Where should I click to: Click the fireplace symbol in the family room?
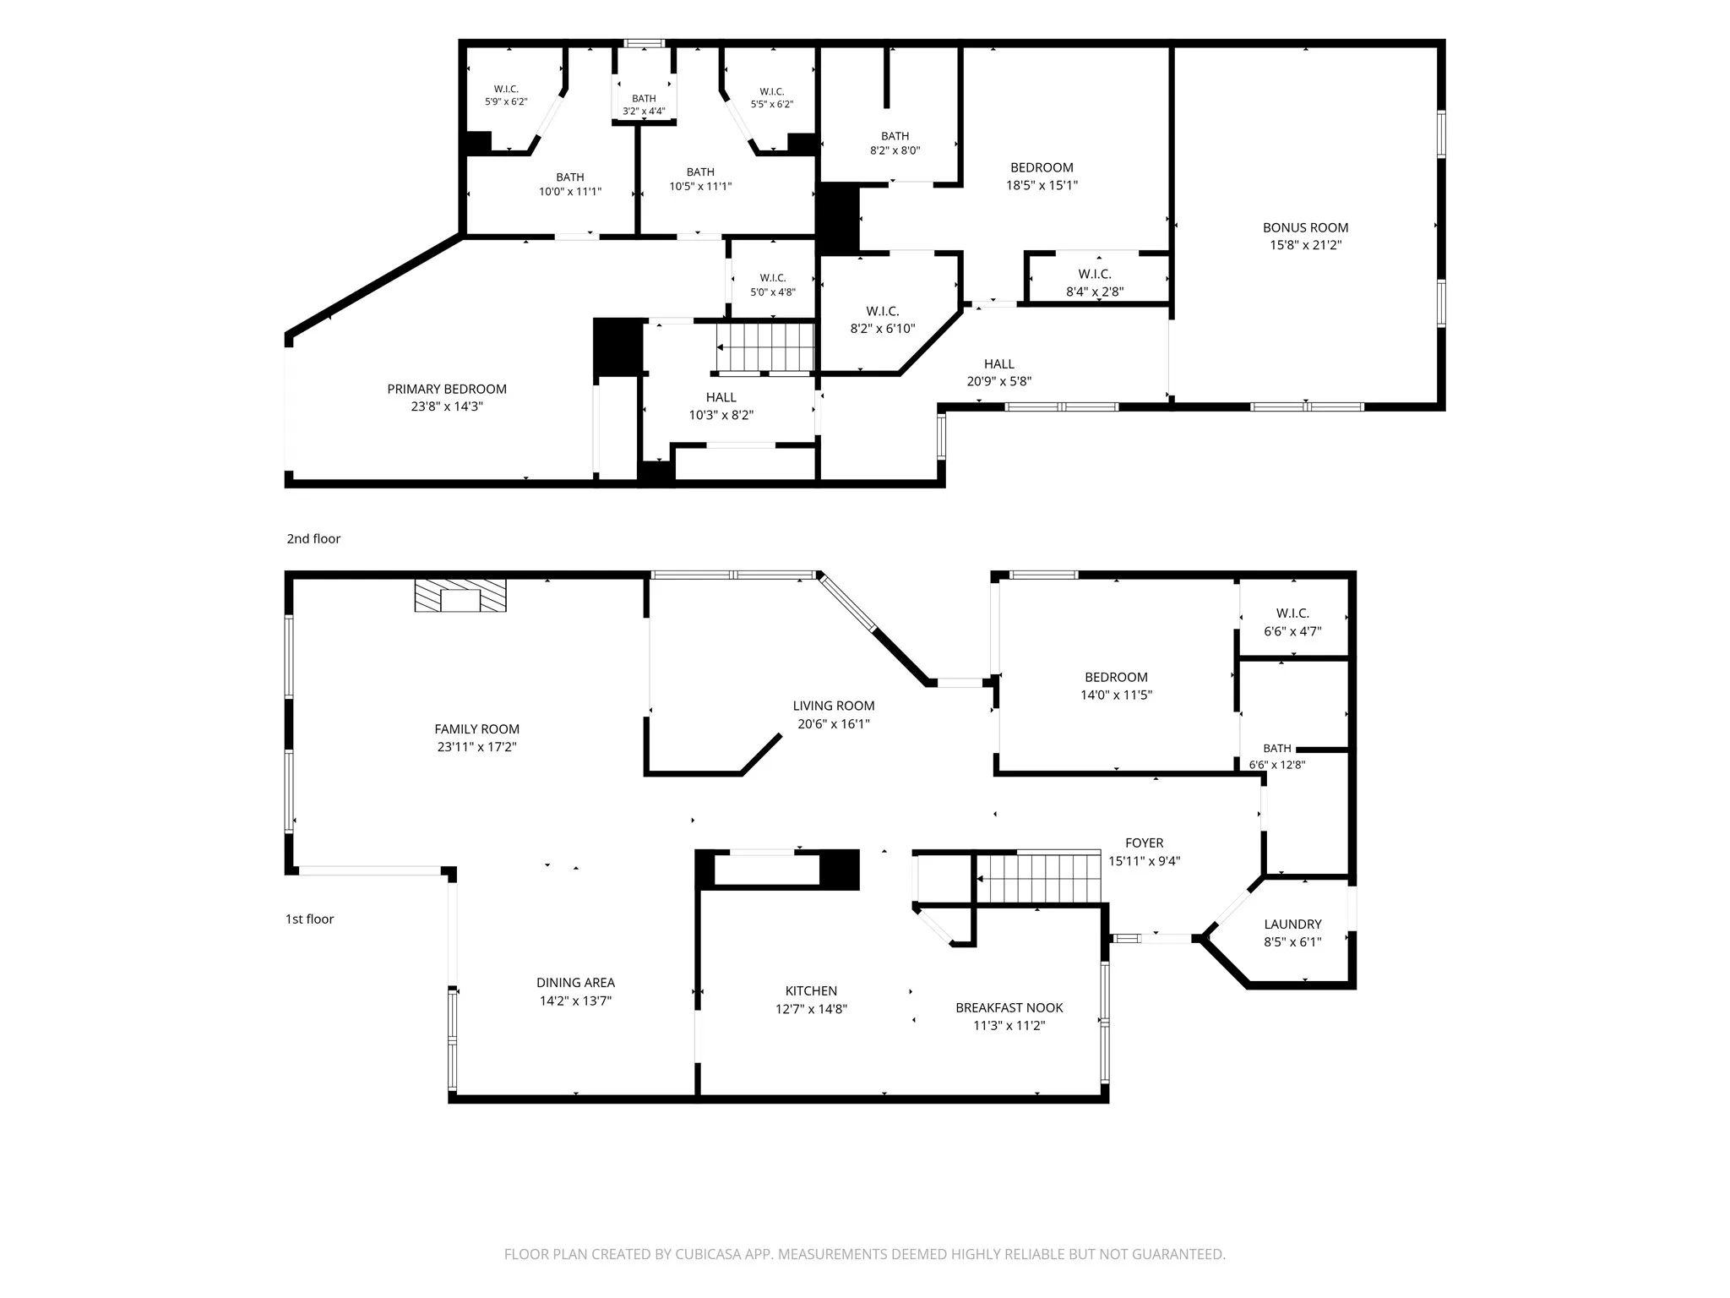tap(460, 595)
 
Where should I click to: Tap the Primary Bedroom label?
tap(447, 389)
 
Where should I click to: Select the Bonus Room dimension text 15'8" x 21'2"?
tap(1305, 245)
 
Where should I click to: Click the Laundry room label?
tap(1292, 924)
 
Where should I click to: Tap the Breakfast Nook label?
tap(1009, 1007)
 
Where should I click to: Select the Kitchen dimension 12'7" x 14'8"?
tap(811, 1009)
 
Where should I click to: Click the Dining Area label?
tap(575, 982)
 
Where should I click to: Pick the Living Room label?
tap(834, 706)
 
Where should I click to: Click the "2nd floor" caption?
tap(313, 538)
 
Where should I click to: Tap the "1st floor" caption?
tap(309, 919)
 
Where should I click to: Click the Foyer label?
tap(1144, 843)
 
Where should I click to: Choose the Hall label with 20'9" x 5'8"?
tap(998, 364)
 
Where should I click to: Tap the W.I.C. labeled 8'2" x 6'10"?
tap(883, 312)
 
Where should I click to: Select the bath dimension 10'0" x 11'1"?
tap(570, 192)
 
